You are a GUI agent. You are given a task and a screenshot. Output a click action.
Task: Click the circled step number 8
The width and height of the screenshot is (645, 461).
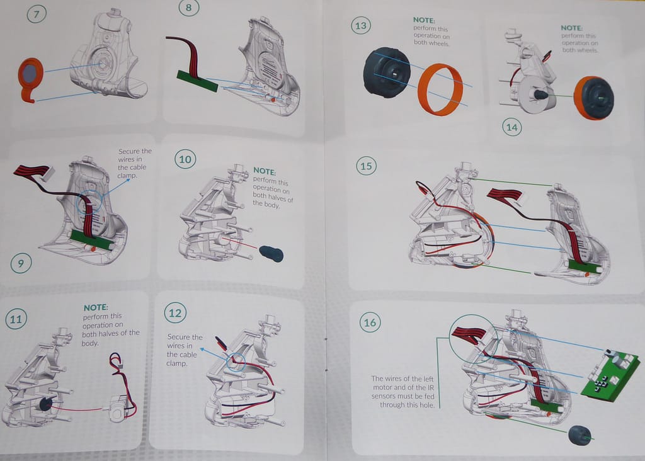coord(187,8)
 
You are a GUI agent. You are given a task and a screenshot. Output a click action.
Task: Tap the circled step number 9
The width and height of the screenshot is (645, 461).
coord(21,263)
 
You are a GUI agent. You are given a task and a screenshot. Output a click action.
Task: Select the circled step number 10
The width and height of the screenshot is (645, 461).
coord(185,159)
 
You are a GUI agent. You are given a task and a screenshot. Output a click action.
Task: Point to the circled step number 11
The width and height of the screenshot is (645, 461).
coord(16,319)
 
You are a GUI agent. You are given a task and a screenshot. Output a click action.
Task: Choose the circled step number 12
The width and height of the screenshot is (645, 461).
coord(174,312)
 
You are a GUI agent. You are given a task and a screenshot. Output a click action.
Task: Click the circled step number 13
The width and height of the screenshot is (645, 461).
coord(361,26)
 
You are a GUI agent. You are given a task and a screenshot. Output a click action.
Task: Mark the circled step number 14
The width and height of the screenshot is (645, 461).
coord(512,127)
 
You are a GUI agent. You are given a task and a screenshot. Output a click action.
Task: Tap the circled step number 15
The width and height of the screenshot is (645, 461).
coord(366,166)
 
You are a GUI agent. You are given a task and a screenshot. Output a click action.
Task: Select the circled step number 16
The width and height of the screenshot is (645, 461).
coord(370,323)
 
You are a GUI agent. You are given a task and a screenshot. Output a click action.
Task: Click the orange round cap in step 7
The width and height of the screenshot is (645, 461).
coord(29,75)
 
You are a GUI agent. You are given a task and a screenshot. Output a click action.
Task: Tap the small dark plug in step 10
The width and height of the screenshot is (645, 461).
coord(271,254)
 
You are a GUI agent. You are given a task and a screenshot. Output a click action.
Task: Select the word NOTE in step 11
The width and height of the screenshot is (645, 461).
coord(96,307)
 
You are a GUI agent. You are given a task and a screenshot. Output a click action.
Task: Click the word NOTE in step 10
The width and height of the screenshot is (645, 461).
coord(265,171)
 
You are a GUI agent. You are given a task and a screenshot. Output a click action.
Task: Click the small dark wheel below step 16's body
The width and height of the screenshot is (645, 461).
coord(579,435)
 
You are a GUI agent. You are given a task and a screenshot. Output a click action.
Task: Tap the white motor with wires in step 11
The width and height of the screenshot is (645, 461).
coord(117,407)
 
